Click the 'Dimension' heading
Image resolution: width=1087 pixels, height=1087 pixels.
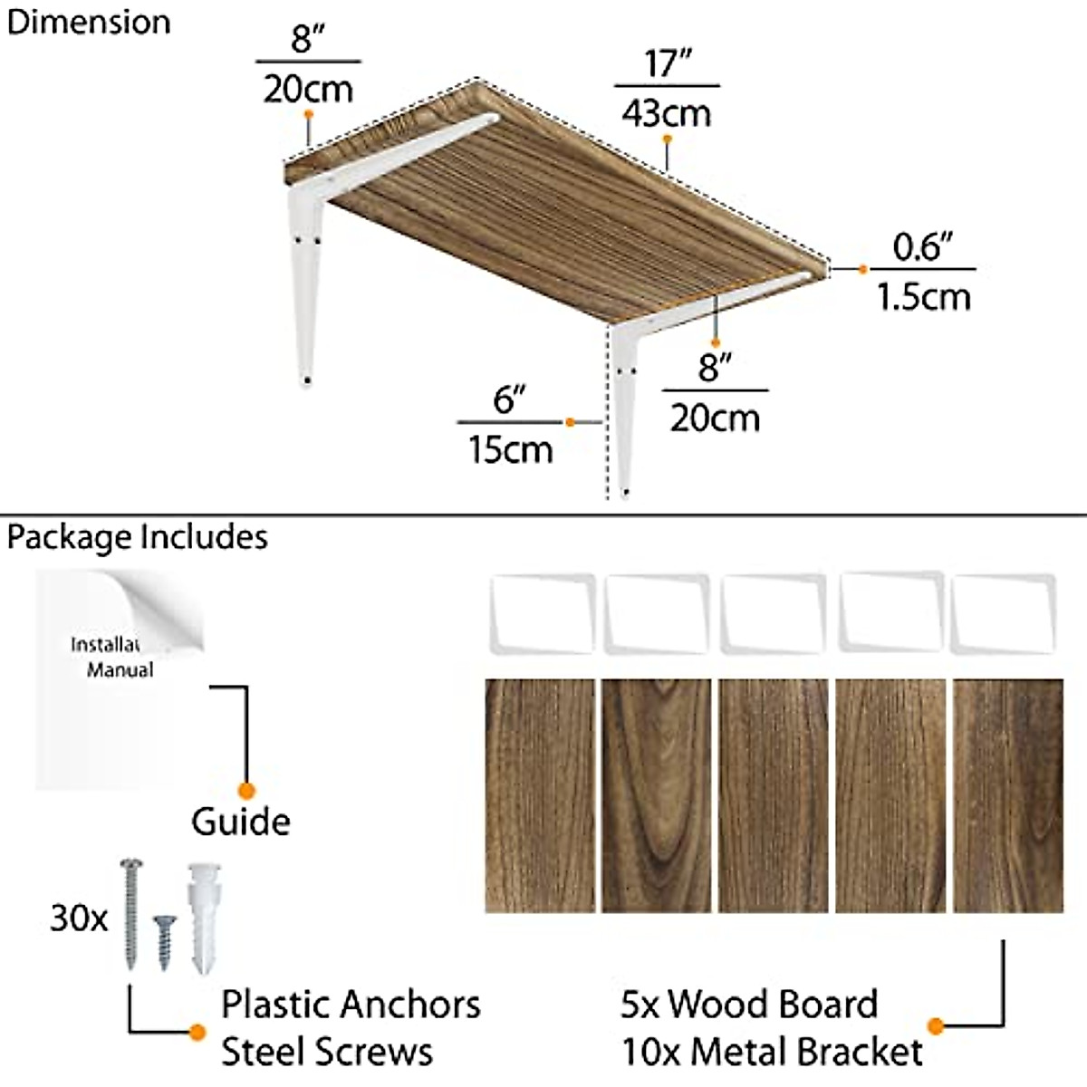pyautogui.click(x=88, y=23)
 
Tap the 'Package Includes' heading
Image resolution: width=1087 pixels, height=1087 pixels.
pyautogui.click(x=138, y=537)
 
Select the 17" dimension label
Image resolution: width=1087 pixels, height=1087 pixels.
pyautogui.click(x=668, y=63)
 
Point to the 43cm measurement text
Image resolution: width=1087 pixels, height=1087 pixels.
pyautogui.click(x=667, y=113)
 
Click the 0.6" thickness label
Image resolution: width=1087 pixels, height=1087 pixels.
pyautogui.click(x=923, y=247)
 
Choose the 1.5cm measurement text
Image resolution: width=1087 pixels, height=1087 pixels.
pyautogui.click(x=923, y=296)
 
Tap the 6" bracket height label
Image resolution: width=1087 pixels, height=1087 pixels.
pyautogui.click(x=510, y=399)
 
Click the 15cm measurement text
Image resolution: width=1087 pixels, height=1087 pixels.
pyautogui.click(x=510, y=448)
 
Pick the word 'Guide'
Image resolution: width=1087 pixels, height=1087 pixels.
pyautogui.click(x=241, y=822)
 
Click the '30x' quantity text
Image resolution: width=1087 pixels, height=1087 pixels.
pyautogui.click(x=79, y=919)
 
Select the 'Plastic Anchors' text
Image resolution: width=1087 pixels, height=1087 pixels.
pyautogui.click(x=351, y=1005)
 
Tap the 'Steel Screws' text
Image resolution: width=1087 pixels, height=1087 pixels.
pyautogui.click(x=327, y=1053)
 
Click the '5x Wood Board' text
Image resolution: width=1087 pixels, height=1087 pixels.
pyautogui.click(x=749, y=1005)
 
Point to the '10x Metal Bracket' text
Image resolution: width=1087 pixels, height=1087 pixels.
pyautogui.click(x=772, y=1053)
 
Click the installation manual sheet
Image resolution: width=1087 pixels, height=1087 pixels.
pyautogui.click(x=118, y=679)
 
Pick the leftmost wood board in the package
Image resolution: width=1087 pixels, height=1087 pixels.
pyautogui.click(x=540, y=795)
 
